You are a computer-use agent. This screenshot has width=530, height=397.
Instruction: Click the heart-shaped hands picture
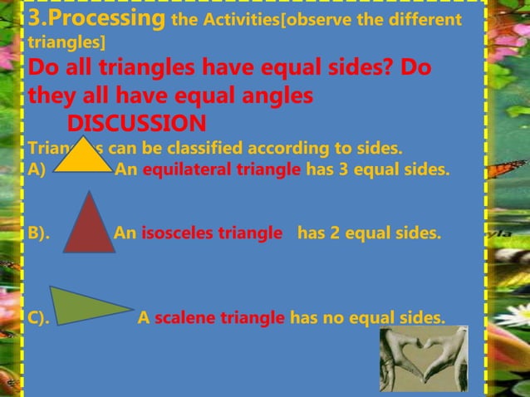point(424,359)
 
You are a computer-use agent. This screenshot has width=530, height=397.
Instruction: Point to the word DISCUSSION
point(136,124)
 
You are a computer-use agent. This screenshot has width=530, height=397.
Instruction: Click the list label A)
point(38,170)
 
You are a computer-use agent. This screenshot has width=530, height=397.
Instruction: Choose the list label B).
point(39,233)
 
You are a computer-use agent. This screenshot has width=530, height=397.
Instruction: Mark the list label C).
point(38,317)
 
